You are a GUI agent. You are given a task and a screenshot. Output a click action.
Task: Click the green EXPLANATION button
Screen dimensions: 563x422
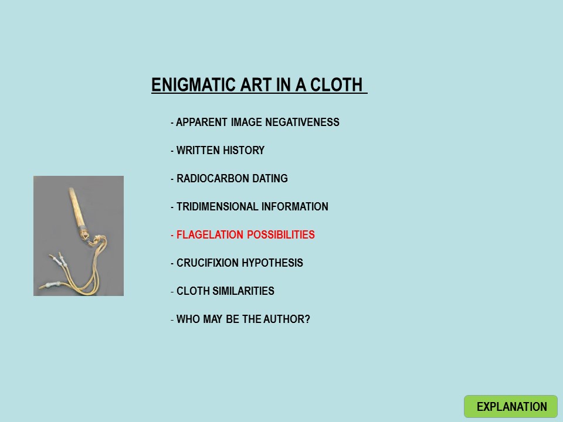coord(511,407)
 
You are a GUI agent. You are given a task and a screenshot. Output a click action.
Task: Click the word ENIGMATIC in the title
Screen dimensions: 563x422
coord(194,85)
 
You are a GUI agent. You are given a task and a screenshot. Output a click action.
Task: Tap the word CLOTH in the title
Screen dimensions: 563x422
coord(337,85)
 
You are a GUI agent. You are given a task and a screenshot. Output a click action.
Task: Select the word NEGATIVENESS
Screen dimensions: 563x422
coord(303,122)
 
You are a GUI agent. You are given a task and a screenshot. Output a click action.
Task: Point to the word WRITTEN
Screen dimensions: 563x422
coord(196,151)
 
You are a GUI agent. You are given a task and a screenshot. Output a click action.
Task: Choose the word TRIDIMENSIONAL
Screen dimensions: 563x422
coord(217,207)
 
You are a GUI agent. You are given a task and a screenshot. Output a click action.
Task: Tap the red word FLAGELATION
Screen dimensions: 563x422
coord(209,234)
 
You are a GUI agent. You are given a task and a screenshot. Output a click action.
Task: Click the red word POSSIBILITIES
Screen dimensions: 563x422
coord(281,234)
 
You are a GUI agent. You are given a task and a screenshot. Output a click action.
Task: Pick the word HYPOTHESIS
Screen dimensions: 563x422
coord(272,263)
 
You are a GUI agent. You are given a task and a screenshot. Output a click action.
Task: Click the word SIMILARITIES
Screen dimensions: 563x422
coord(243,291)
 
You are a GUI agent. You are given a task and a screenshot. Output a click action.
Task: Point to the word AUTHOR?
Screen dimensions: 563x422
coord(287,319)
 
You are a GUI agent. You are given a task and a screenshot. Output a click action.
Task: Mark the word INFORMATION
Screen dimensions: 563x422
coord(295,207)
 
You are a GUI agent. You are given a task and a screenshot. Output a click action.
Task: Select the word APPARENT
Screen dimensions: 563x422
coord(201,122)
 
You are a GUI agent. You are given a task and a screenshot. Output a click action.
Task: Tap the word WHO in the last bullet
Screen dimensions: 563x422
coord(188,319)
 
